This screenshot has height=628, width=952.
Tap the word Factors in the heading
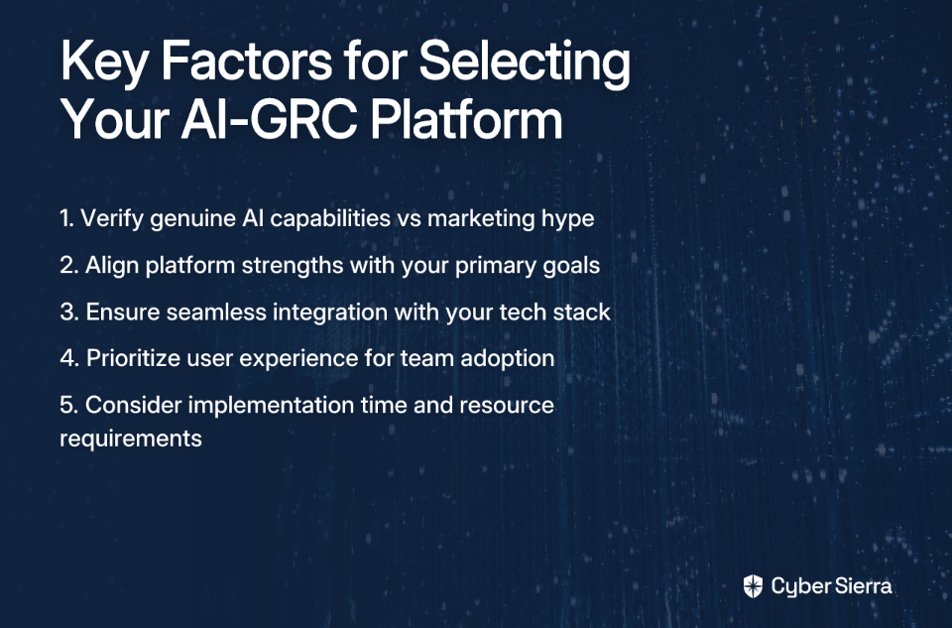(247, 61)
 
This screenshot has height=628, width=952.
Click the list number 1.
(66, 218)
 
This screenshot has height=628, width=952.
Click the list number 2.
(68, 266)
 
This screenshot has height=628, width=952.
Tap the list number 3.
(68, 313)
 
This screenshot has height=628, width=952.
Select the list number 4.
(69, 358)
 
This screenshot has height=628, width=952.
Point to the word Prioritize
(133, 358)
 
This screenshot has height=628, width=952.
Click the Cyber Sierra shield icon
(753, 586)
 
